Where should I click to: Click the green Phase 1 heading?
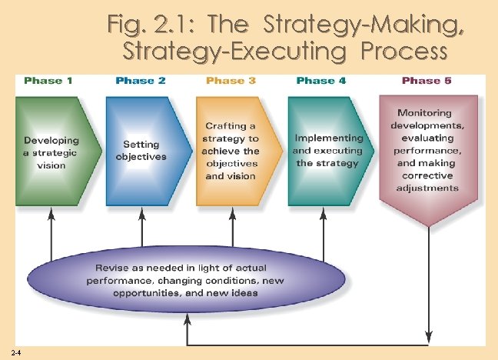click(49, 81)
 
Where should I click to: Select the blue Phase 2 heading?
click(141, 81)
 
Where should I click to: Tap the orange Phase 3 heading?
click(232, 81)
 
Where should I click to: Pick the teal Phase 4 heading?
click(322, 81)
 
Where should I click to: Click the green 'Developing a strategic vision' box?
click(54, 152)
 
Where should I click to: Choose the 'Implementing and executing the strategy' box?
click(326, 151)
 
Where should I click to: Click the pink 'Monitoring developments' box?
click(428, 151)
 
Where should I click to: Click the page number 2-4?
click(17, 352)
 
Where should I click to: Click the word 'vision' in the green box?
click(51, 165)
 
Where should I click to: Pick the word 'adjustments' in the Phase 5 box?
click(428, 188)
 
